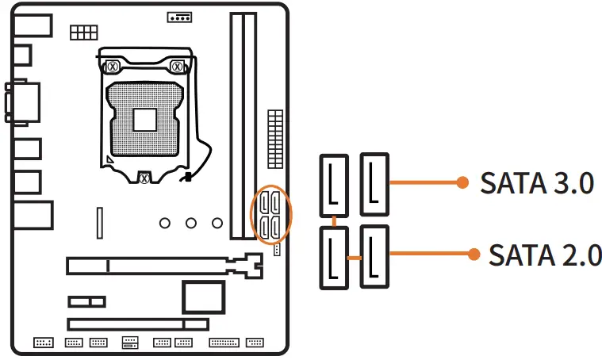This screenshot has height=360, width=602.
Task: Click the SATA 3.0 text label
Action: tap(537, 183)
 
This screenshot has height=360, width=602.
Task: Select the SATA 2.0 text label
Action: tap(545, 255)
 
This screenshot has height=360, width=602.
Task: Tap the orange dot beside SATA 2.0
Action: tap(474, 255)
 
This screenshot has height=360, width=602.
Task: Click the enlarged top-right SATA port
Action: tap(374, 184)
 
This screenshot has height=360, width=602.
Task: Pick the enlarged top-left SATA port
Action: tap(334, 186)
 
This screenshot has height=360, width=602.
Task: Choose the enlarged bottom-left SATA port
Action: tap(334, 258)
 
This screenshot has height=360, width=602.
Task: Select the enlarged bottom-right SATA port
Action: tap(374, 256)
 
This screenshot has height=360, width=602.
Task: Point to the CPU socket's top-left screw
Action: tap(113, 66)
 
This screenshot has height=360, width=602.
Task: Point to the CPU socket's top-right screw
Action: tap(178, 66)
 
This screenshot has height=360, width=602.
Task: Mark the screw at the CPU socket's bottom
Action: tap(144, 178)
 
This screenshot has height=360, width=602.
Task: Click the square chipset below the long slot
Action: tap(205, 296)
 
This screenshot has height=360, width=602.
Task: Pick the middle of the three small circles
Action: tap(191, 223)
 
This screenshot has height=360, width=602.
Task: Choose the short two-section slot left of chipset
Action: tap(86, 301)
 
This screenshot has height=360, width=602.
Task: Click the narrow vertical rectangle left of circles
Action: tap(100, 222)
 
